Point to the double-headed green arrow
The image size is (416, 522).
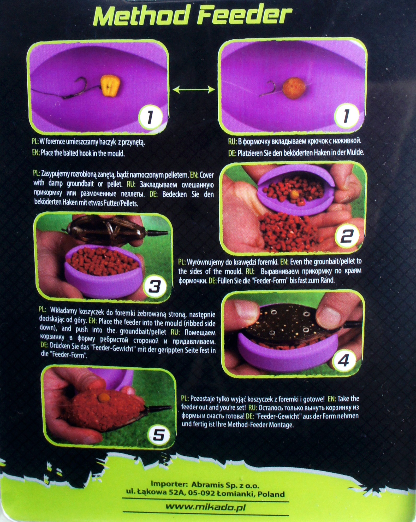click(x=194, y=90)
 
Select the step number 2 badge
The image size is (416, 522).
click(x=347, y=237)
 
